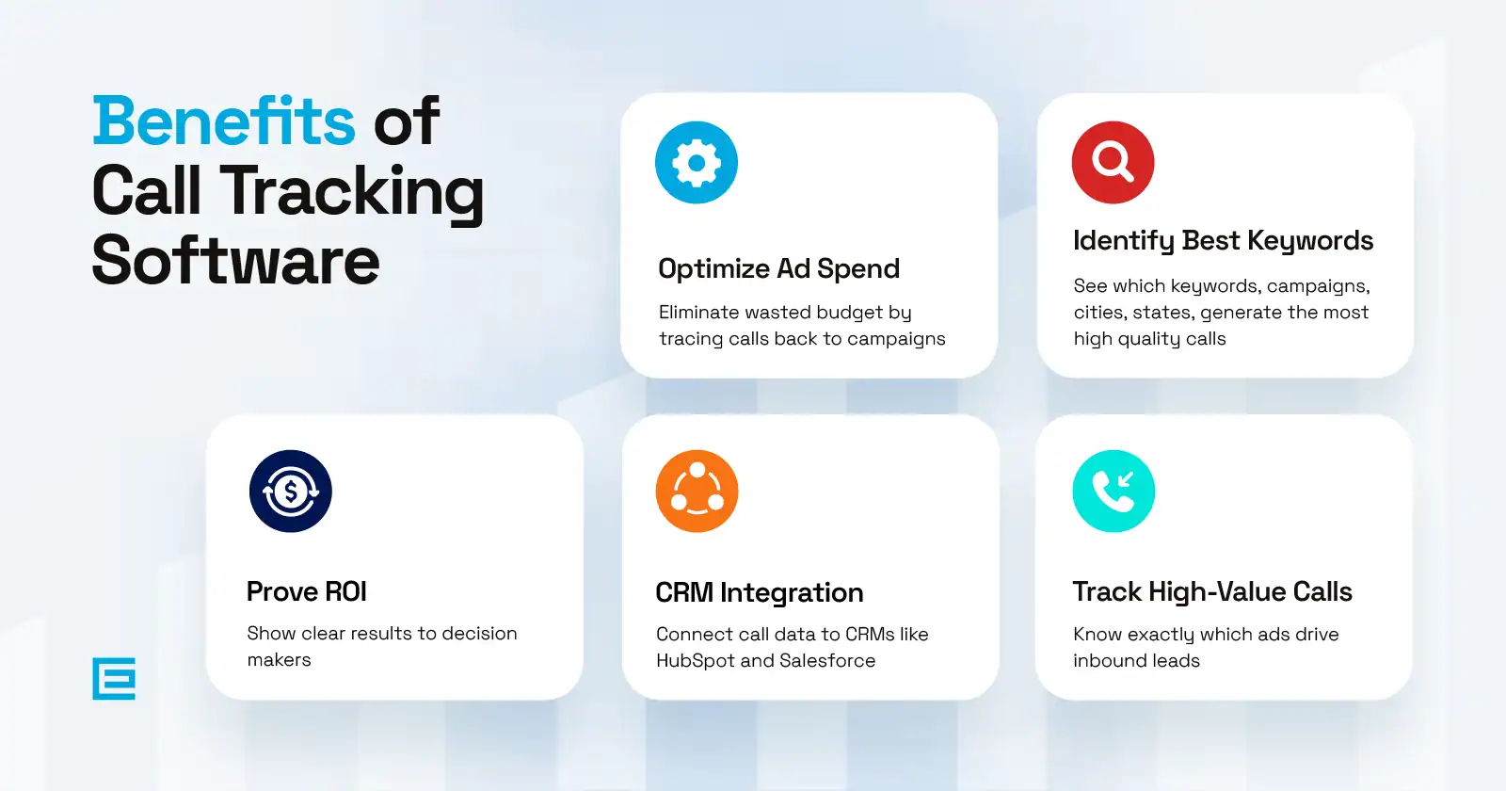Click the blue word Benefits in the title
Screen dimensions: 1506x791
[x=224, y=121]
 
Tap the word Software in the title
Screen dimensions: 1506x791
[x=236, y=261]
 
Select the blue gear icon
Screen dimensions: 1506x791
[x=697, y=162]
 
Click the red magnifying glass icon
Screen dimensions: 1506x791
[x=1113, y=162]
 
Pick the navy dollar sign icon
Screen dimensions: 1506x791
[x=291, y=491]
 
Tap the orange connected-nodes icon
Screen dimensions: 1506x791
[x=697, y=491]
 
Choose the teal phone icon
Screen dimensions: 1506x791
[x=1114, y=491]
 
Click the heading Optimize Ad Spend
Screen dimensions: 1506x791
[x=778, y=269]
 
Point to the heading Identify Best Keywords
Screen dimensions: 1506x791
[x=1223, y=241]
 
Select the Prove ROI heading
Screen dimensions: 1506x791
[x=307, y=592]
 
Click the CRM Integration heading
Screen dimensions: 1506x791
[x=760, y=593]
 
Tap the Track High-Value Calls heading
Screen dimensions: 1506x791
[x=1212, y=592]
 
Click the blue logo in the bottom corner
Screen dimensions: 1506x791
[x=114, y=679]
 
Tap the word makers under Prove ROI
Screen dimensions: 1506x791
[x=279, y=660]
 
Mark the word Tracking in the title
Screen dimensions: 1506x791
[x=352, y=192]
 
